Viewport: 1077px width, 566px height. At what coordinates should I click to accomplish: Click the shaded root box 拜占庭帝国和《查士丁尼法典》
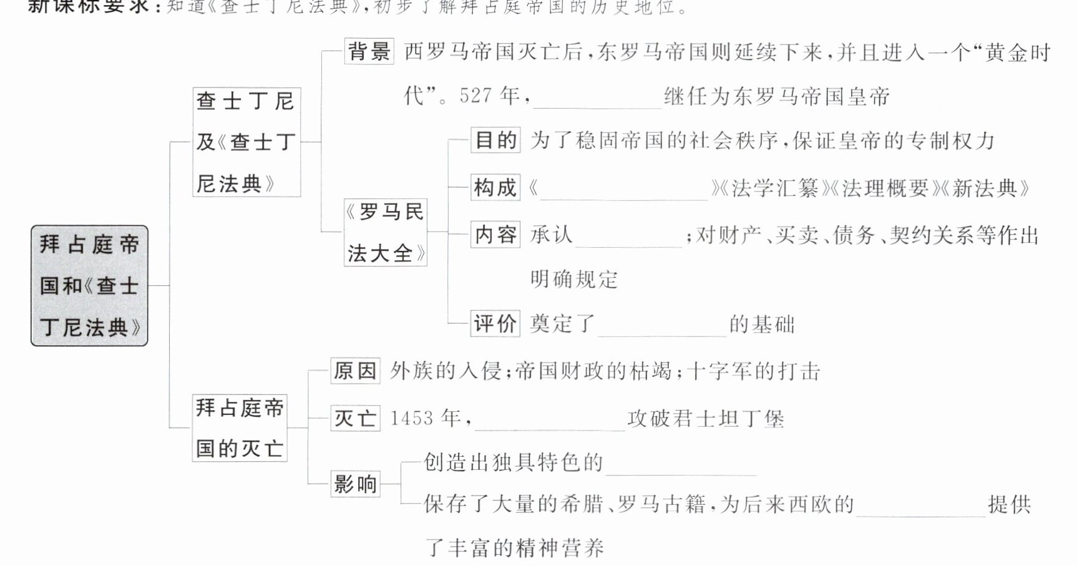(x=89, y=286)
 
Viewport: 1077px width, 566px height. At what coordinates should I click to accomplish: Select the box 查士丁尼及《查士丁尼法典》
(x=246, y=142)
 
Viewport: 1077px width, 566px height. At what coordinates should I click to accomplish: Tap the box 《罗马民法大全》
(x=385, y=232)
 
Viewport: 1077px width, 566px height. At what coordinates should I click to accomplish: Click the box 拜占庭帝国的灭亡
(x=239, y=427)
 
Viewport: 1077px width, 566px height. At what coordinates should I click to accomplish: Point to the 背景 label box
(x=369, y=51)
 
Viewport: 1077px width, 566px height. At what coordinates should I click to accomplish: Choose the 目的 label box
(x=495, y=140)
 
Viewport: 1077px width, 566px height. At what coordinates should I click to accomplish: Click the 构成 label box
(x=495, y=187)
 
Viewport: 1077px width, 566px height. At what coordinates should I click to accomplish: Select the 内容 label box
(x=495, y=235)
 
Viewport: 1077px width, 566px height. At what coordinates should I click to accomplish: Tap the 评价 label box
(x=495, y=324)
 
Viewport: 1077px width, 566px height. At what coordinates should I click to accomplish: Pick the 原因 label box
(x=355, y=371)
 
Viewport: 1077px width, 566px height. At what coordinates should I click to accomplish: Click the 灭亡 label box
(x=355, y=418)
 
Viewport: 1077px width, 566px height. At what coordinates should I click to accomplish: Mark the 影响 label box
(x=355, y=484)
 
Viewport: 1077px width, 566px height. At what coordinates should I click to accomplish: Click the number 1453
(x=411, y=418)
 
